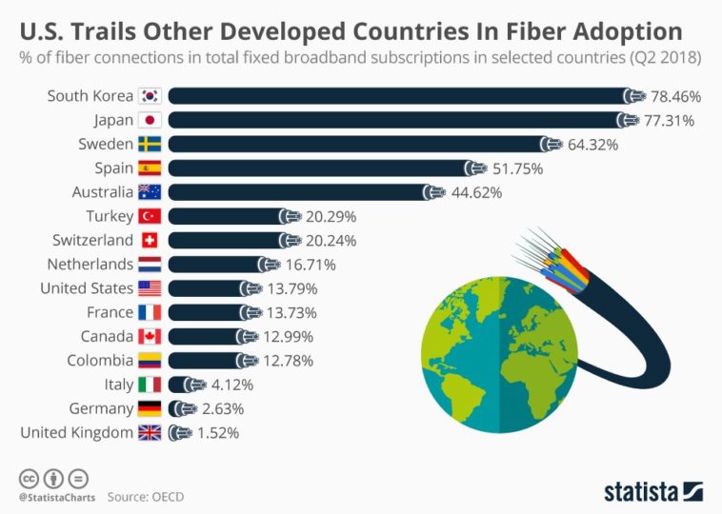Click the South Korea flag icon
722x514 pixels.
click(x=150, y=96)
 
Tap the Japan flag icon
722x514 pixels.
click(x=150, y=120)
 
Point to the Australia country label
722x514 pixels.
click(x=95, y=192)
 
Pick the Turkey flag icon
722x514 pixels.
click(x=150, y=216)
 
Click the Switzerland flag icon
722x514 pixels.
click(x=150, y=240)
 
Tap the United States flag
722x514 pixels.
click(x=150, y=288)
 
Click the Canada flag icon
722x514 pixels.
click(x=150, y=336)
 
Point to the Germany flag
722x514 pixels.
click(x=150, y=408)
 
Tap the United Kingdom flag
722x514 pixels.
click(x=150, y=432)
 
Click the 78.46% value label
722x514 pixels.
click(x=675, y=96)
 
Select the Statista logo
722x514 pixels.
click(x=652, y=491)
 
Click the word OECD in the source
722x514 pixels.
click(x=165, y=497)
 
